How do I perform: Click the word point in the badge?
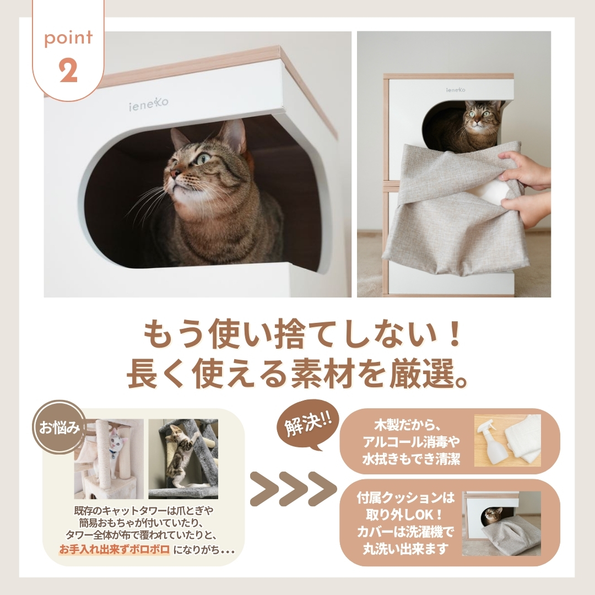pyautogui.click(x=68, y=38)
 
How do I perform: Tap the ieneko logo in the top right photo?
pyautogui.click(x=456, y=90)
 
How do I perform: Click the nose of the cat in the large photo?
pyautogui.click(x=174, y=174)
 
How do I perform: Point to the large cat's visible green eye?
pyautogui.click(x=203, y=158)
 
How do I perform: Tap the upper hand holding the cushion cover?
pyautogui.click(x=525, y=170)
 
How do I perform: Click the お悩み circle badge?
pyautogui.click(x=59, y=428)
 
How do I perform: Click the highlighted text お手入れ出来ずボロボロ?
pyautogui.click(x=114, y=549)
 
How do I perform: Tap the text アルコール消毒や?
pyautogui.click(x=412, y=442)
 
